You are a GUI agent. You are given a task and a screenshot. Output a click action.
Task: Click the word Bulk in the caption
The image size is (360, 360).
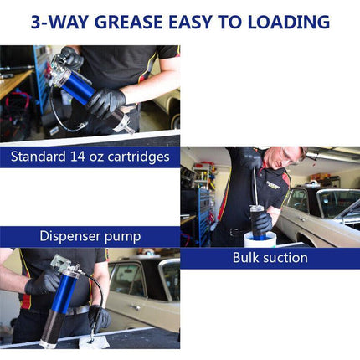249,258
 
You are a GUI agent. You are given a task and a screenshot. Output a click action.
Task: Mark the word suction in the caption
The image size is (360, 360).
288,258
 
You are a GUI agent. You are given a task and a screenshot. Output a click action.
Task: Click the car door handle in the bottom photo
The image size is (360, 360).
133,289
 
